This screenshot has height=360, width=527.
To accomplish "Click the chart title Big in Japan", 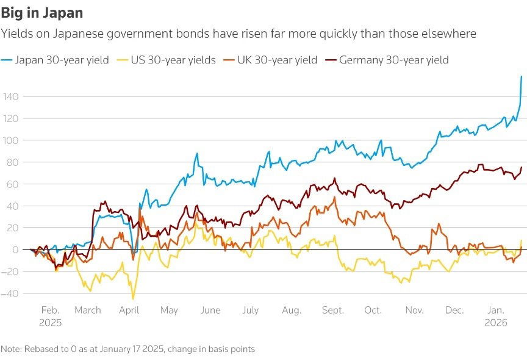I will point(42,12).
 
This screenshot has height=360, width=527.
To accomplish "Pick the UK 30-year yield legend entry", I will point(281,60).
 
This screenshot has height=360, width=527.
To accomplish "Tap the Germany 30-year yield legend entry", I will point(393,60).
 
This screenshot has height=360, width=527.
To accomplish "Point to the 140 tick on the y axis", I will point(10,96).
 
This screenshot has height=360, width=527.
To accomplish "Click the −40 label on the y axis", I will point(10,293).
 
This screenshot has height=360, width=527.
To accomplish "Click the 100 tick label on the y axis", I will point(10,140).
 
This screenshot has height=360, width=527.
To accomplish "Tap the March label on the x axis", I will point(88,311).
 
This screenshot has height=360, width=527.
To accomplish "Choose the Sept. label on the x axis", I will point(333,311).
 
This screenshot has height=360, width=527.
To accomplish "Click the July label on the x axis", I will point(251,311).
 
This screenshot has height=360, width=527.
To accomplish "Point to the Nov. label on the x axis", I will point(414,311).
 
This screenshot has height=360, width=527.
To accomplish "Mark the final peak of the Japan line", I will point(522,76).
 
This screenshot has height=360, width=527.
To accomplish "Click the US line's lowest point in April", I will point(133,298).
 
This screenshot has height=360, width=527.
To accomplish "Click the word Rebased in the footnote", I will point(40,349).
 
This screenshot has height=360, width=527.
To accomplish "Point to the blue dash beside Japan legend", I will point(7,60).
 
